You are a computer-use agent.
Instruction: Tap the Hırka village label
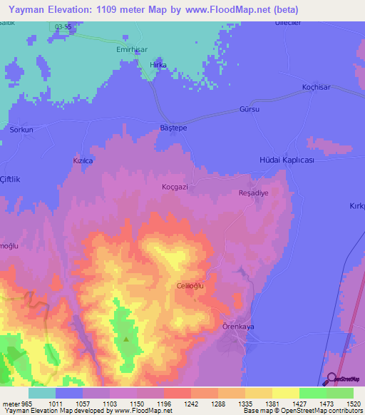point(158,65)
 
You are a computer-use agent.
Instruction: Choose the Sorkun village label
point(21,130)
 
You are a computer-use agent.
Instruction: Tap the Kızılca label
point(83,161)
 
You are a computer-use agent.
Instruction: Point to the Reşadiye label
point(252,193)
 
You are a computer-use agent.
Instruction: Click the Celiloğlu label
point(190,285)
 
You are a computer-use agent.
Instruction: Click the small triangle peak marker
point(126,339)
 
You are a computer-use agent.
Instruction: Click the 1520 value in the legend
point(351,403)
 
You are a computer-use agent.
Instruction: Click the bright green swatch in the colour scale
point(312,393)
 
